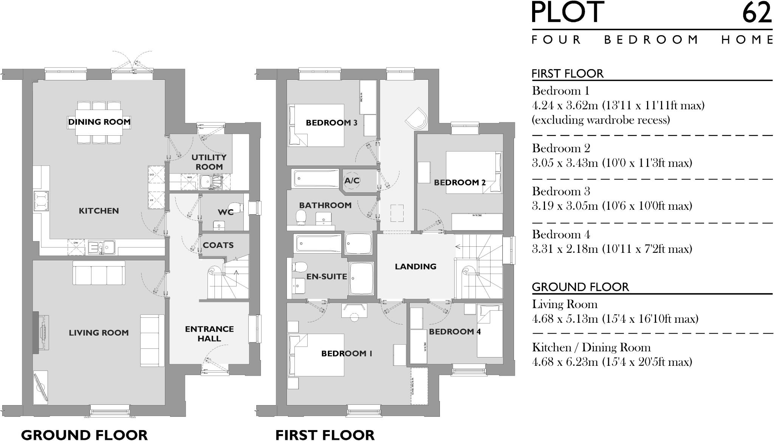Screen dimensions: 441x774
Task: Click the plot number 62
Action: [x=757, y=12]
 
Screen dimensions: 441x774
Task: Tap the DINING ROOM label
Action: [x=99, y=122]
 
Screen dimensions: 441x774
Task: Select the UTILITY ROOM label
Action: [x=209, y=162]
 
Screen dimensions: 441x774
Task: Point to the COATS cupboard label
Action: [x=218, y=245]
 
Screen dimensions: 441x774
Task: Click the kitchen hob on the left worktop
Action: [x=40, y=200]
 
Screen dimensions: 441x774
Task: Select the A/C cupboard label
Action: [x=351, y=181]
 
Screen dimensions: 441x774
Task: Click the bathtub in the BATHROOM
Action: [x=316, y=178]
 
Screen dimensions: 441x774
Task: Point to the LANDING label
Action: [x=415, y=267]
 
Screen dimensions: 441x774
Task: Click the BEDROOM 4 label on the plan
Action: [x=455, y=332]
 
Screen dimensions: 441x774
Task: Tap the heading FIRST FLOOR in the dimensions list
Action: [x=567, y=73]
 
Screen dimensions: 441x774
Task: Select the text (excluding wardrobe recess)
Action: [x=601, y=120]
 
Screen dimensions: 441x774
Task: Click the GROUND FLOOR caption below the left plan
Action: [x=84, y=435]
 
